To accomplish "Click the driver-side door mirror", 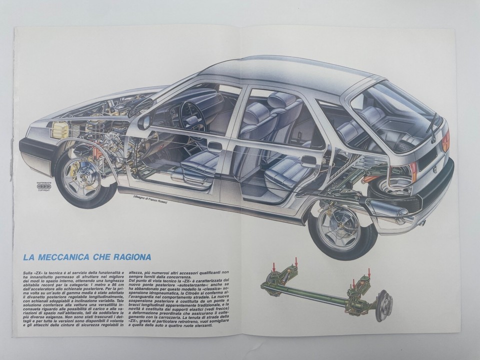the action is pos(145,121).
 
